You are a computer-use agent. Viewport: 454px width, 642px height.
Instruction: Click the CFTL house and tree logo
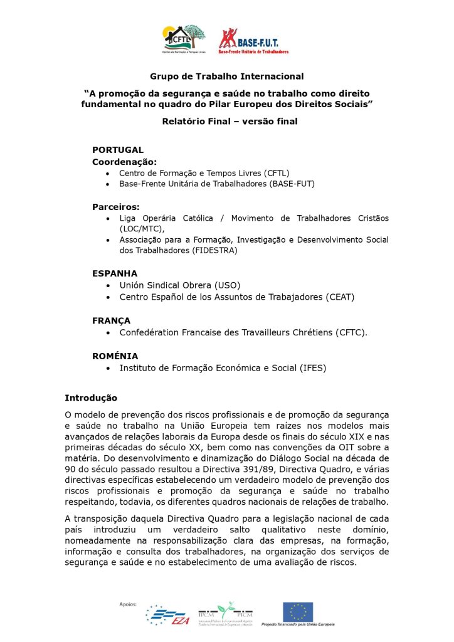(184, 39)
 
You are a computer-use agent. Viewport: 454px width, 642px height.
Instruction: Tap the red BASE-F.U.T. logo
(253, 41)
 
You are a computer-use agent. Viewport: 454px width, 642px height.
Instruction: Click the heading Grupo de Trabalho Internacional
(226, 76)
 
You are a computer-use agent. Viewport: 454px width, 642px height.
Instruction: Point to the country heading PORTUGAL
(118, 150)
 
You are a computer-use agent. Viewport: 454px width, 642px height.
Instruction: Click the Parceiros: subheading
(116, 206)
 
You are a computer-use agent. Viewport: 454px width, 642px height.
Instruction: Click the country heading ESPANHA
(115, 273)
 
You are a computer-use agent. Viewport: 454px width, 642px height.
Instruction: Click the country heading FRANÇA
(112, 320)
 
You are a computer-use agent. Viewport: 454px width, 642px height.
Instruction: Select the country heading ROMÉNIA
(115, 355)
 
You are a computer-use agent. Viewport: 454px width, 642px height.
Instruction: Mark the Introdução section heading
(91, 397)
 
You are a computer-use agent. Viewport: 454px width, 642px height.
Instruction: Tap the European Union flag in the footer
(298, 611)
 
